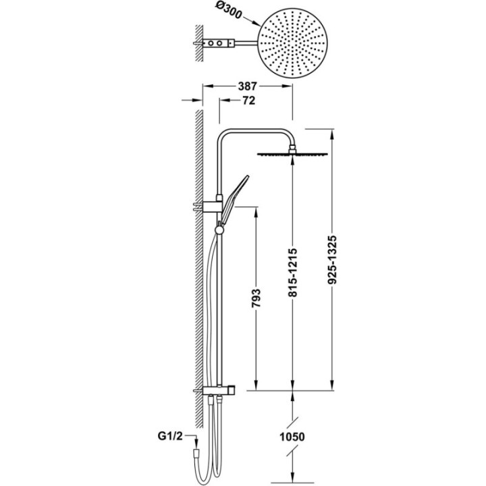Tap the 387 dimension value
248,86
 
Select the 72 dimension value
248,101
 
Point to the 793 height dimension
256,298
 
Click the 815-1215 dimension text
292,272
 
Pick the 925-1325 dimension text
332,260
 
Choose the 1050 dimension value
292,437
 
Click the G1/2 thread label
170,437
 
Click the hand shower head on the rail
235,196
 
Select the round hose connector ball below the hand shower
219,230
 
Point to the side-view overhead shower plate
292,154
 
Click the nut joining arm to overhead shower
292,148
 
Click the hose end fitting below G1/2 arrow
196,453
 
